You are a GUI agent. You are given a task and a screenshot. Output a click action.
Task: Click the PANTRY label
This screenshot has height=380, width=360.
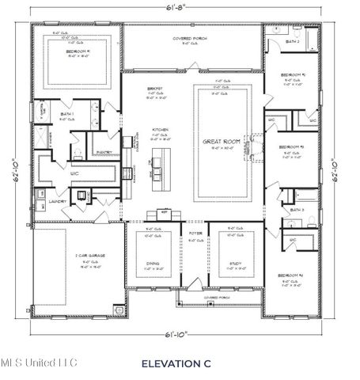pos(103,152)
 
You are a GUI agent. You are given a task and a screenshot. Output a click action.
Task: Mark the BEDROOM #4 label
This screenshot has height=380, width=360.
pos(290,276)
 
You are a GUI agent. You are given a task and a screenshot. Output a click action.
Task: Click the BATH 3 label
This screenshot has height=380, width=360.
pos(297,210)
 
